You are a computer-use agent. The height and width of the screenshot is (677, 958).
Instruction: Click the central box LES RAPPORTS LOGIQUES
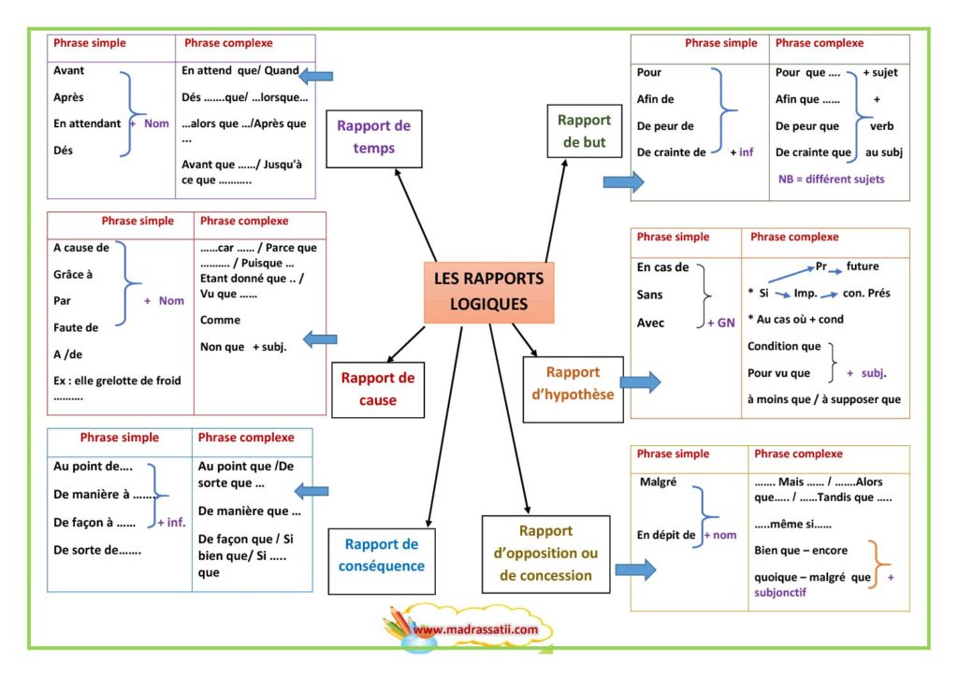click(x=488, y=293)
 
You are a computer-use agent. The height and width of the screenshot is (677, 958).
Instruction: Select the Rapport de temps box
click(x=374, y=138)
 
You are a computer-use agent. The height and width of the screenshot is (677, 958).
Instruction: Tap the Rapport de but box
click(x=584, y=131)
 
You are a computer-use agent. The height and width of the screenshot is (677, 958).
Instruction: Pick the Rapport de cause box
click(x=378, y=390)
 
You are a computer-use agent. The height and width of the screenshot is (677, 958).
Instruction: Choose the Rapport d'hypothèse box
click(x=573, y=390)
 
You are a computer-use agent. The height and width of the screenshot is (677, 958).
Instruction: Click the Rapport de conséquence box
click(x=382, y=561)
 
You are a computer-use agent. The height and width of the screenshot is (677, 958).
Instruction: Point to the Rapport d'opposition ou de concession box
click(x=545, y=555)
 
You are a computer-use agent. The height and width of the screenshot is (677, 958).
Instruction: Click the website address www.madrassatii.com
click(x=475, y=629)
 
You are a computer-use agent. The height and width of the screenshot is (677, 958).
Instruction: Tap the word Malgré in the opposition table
click(x=658, y=482)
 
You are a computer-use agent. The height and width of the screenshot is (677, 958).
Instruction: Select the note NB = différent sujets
click(x=831, y=179)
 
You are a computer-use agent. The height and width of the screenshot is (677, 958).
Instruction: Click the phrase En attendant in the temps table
click(x=87, y=123)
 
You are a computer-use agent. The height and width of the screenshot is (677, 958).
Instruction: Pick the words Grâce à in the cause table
click(x=73, y=274)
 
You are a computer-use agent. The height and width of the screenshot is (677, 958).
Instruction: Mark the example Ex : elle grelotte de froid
click(x=117, y=381)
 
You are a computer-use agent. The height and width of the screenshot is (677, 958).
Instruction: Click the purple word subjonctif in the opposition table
click(x=779, y=592)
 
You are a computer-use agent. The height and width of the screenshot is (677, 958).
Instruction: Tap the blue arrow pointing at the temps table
click(x=316, y=76)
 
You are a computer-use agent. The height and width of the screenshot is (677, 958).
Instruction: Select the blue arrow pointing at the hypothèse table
click(x=640, y=382)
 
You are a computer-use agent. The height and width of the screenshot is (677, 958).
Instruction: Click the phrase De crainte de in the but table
click(x=671, y=152)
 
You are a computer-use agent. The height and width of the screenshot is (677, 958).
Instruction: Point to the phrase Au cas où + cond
click(x=795, y=319)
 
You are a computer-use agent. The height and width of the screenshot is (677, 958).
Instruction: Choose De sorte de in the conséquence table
click(x=97, y=550)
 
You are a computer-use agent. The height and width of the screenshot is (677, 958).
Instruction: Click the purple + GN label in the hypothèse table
click(x=721, y=323)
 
